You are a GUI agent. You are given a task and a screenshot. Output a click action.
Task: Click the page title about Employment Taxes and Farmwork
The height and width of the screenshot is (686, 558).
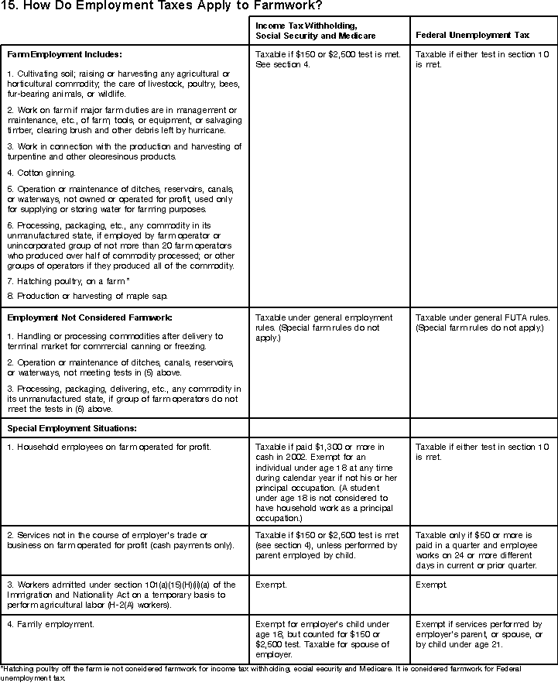[x=156, y=8]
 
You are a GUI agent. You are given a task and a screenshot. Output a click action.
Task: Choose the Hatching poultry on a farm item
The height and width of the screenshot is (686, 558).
[x=68, y=280]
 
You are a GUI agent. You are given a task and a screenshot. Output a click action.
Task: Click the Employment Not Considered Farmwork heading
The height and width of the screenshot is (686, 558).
[x=90, y=317]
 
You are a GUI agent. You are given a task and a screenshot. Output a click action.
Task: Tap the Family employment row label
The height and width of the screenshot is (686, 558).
[x=51, y=623]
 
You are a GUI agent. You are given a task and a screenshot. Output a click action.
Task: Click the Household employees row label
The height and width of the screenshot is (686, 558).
[x=109, y=448]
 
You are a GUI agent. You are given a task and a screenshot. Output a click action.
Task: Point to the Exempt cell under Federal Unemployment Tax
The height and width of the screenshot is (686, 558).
[x=430, y=585]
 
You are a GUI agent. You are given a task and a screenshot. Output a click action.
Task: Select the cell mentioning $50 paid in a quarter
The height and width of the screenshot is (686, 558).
[x=480, y=551]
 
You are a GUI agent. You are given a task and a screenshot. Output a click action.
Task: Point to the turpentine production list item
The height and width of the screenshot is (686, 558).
[x=124, y=151]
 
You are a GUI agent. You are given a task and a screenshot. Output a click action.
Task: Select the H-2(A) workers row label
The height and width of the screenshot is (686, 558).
[x=124, y=595]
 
